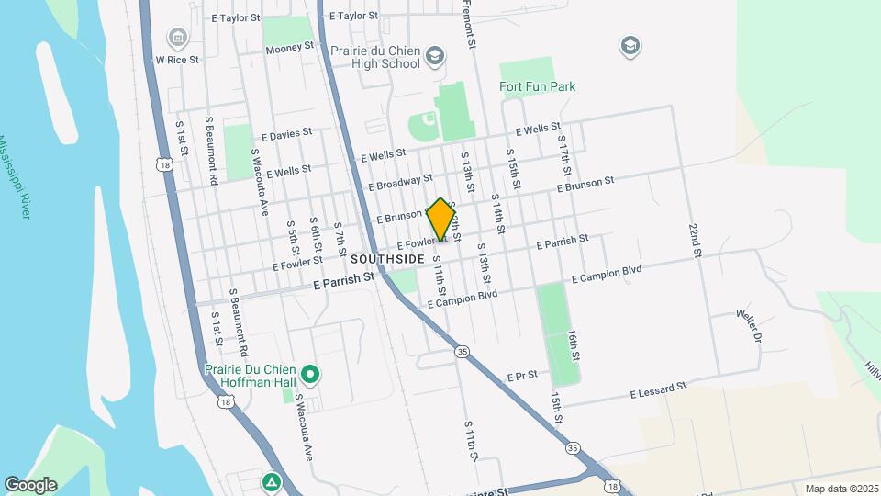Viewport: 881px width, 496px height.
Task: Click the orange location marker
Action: [441, 220]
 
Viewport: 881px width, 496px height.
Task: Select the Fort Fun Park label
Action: [537, 87]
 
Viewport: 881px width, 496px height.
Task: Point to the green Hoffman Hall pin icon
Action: [310, 374]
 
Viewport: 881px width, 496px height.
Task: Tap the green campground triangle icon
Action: [271, 481]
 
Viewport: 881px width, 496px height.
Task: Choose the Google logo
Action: [30, 485]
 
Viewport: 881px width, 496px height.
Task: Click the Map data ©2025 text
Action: [842, 489]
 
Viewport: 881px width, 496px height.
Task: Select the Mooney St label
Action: [289, 47]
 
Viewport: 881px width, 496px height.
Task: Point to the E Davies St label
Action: [286, 134]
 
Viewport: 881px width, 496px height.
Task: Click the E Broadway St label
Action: [400, 182]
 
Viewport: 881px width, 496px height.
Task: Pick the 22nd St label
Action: [696, 239]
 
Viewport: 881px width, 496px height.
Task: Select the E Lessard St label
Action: [658, 391]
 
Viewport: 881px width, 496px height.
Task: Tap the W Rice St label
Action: [177, 59]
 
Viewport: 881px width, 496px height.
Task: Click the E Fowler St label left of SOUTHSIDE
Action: [293, 265]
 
